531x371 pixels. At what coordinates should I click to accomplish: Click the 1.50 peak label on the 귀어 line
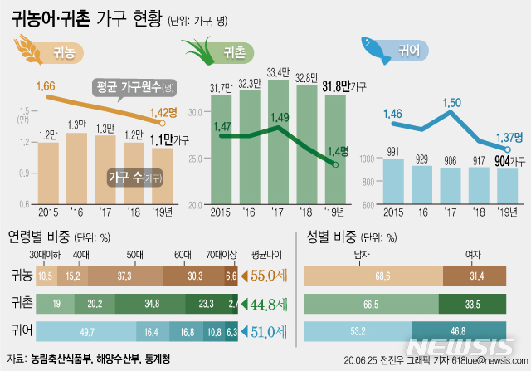click(452, 102)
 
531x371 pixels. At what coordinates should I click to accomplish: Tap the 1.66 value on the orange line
click(46, 85)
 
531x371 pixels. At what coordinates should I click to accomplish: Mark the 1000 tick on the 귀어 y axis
click(370, 159)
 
